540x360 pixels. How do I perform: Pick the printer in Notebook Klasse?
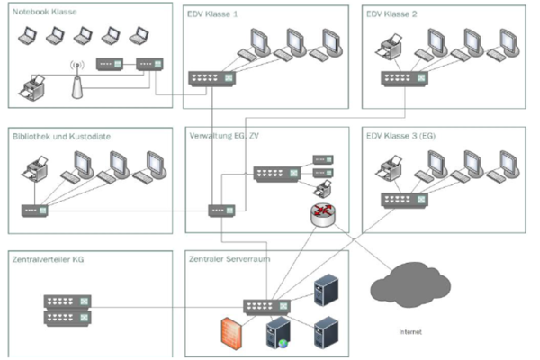(x=32, y=87)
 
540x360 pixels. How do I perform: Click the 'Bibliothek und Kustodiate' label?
(x=61, y=137)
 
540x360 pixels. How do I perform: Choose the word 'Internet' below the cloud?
(x=410, y=331)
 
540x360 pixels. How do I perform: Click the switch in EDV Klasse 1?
(x=211, y=78)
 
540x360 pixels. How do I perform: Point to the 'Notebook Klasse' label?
(x=44, y=12)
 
